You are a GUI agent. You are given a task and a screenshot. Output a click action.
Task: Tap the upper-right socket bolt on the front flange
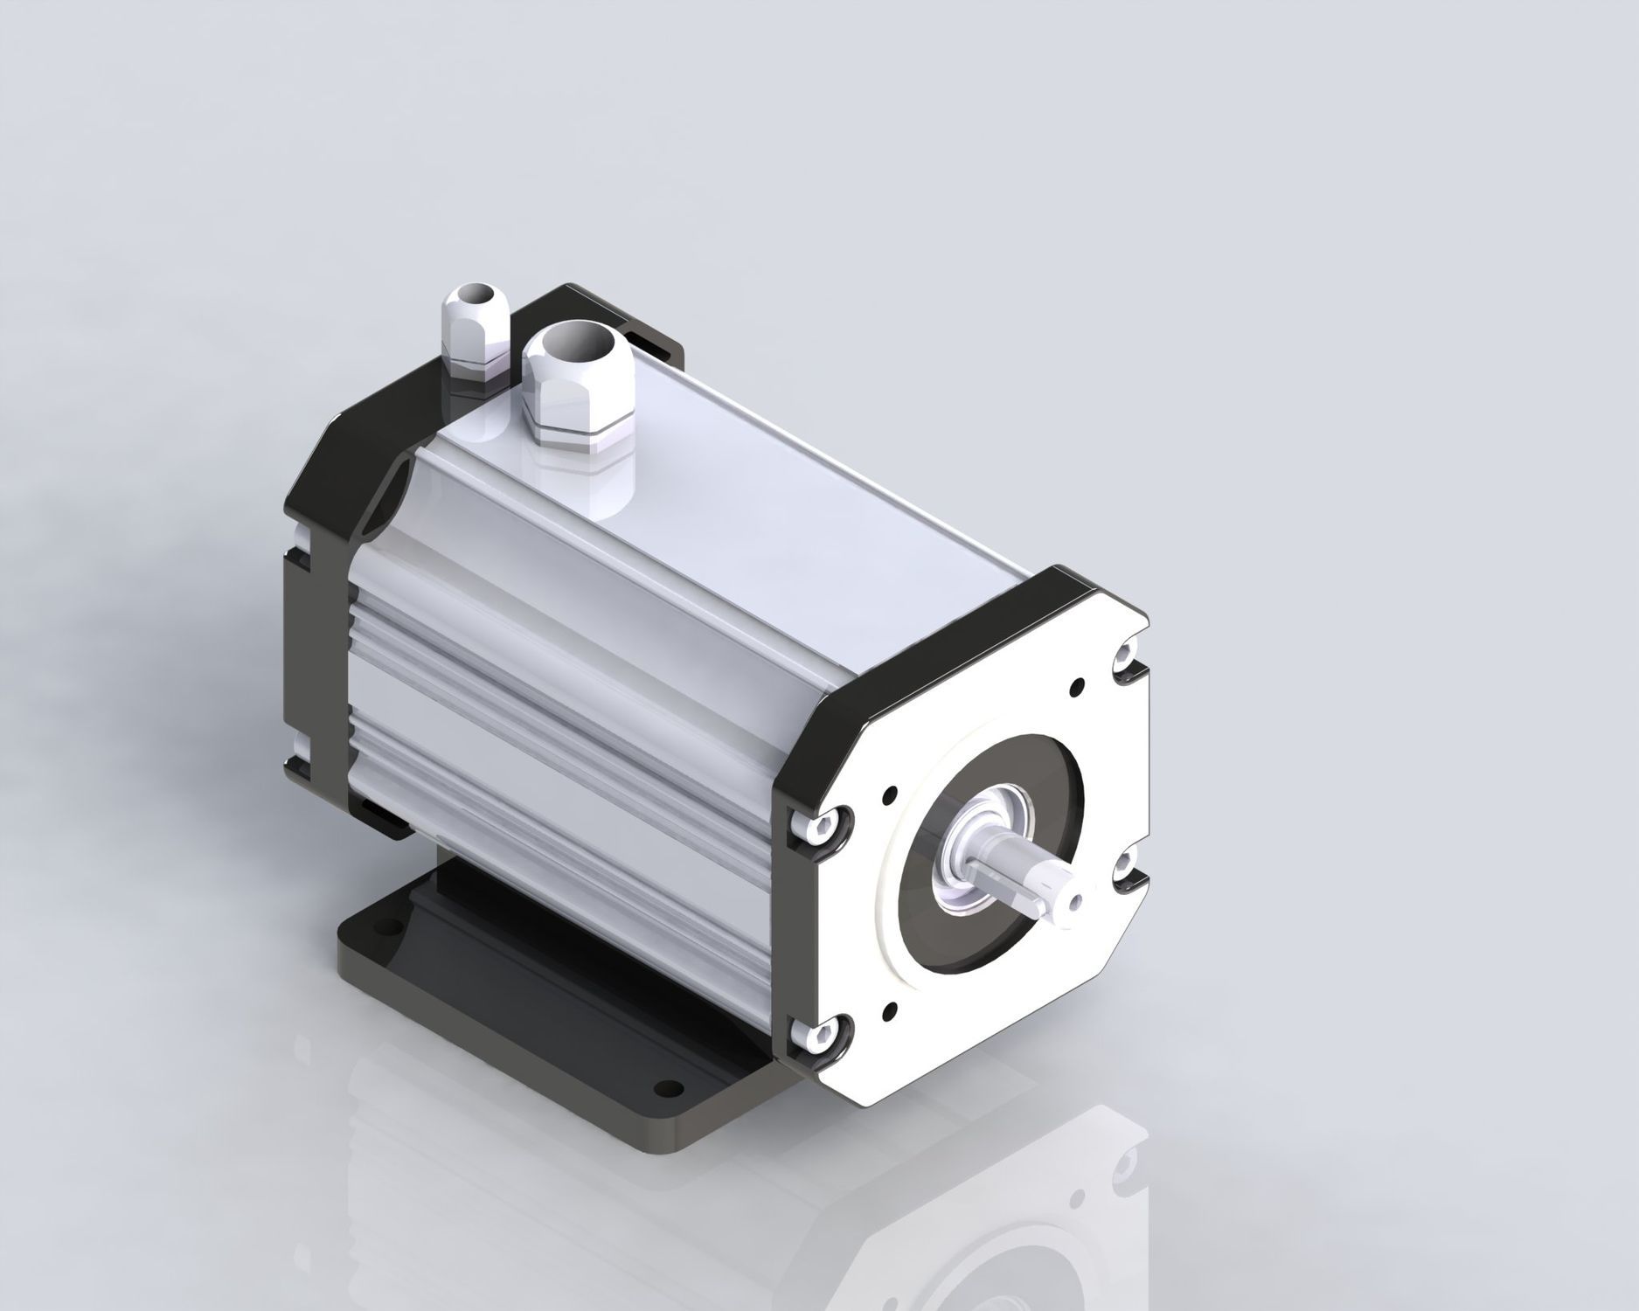tap(1128, 655)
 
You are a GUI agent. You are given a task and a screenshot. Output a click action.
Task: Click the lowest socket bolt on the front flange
tap(822, 1037)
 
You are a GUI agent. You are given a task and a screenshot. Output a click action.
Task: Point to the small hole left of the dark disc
tap(890, 794)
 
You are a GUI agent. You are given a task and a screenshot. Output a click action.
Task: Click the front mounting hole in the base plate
tap(669, 1088)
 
